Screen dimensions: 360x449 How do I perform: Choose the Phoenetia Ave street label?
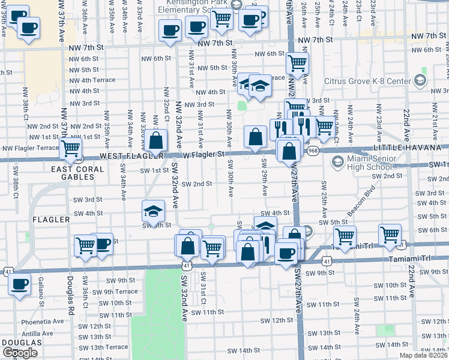pyautogui.click(x=42, y=321)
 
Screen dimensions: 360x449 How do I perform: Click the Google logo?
pyautogui.click(x=20, y=352)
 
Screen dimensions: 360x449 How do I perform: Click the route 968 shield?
pyautogui.click(x=313, y=151)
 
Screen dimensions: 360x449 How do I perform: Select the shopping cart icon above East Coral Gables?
pyautogui.click(x=71, y=147)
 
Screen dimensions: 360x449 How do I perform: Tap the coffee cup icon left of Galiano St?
pyautogui.click(x=20, y=283)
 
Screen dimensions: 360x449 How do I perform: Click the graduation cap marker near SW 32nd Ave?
pyautogui.click(x=153, y=211)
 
